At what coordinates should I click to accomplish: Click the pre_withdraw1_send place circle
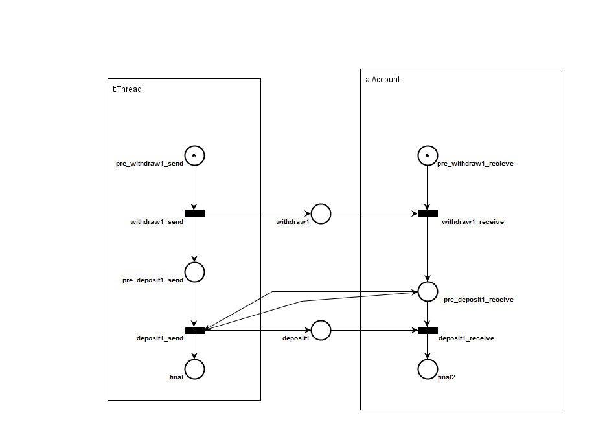click(194, 155)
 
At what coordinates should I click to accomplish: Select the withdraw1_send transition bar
click(194, 214)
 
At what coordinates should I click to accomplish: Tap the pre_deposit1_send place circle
click(194, 272)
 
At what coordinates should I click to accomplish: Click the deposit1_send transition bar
click(194, 330)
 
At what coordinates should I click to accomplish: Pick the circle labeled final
click(194, 369)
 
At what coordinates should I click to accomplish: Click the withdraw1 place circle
click(321, 214)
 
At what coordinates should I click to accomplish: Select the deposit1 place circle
click(321, 330)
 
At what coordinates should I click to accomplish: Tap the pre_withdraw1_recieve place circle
click(428, 155)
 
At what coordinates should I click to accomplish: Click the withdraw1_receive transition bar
click(428, 214)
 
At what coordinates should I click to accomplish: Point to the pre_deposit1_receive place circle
click(428, 291)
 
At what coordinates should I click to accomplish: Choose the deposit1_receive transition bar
click(428, 330)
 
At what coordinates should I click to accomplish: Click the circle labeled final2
click(428, 369)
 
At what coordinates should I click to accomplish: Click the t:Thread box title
click(127, 89)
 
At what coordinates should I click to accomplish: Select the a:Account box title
click(383, 80)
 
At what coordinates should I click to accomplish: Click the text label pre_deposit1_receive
click(478, 300)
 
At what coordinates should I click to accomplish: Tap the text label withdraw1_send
click(157, 222)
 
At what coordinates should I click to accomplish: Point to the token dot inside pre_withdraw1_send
click(194, 155)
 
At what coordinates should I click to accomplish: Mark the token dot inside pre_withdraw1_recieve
click(428, 155)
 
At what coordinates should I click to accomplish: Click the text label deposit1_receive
click(466, 338)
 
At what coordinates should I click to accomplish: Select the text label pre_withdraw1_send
click(150, 164)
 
